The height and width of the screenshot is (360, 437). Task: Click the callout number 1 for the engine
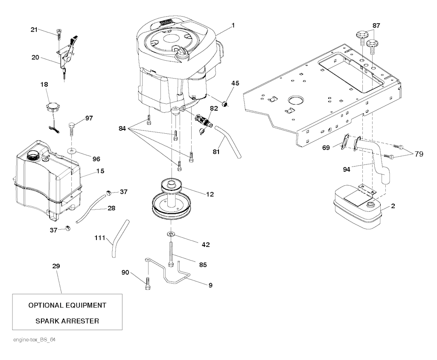tap(233, 26)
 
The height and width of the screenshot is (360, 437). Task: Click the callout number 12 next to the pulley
tap(210, 194)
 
